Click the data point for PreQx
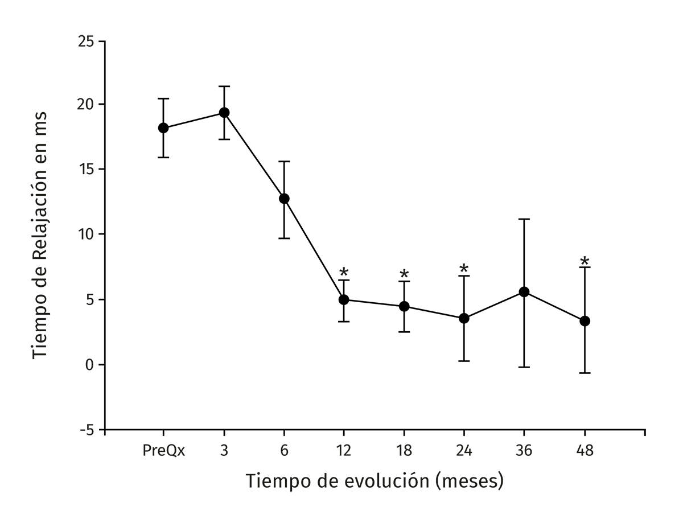(163, 128)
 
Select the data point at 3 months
(224, 113)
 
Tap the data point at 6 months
(284, 199)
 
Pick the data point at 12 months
(344, 299)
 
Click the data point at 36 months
(524, 292)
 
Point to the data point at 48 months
(585, 321)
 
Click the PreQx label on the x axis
(163, 451)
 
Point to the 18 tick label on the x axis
(404, 451)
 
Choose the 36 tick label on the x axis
(524, 451)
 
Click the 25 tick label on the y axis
(86, 42)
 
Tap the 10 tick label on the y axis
(86, 234)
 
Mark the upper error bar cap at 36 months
(524, 219)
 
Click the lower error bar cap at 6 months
(284, 238)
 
